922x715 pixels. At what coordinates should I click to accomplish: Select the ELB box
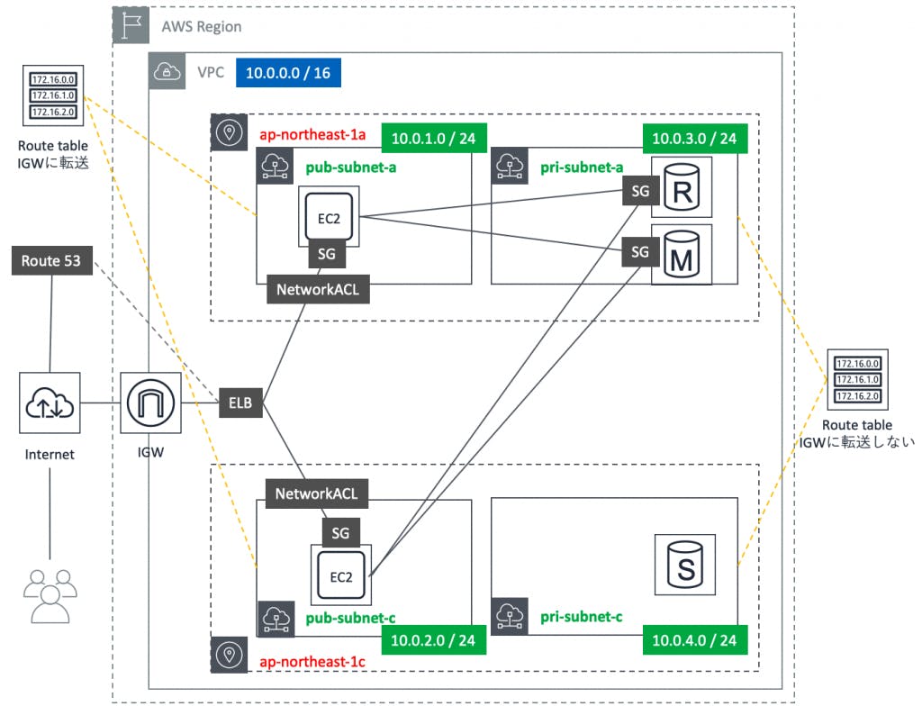[241, 404]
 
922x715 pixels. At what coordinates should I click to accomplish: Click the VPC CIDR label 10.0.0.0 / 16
[288, 73]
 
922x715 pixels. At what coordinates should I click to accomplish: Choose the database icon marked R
[682, 189]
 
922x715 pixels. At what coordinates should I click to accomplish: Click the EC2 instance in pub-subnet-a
[329, 216]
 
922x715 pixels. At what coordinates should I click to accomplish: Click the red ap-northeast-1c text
[311, 662]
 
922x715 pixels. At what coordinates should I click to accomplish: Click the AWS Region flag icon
[134, 27]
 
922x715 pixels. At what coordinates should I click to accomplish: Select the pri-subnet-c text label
[582, 618]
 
